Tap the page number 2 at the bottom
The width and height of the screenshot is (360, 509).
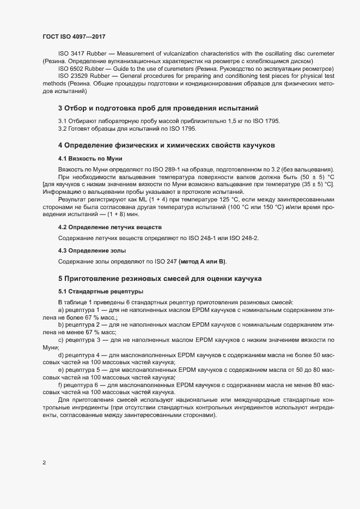click(44, 463)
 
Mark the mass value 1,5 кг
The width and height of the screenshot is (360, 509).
click(232, 120)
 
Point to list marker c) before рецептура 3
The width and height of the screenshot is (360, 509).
click(62, 340)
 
